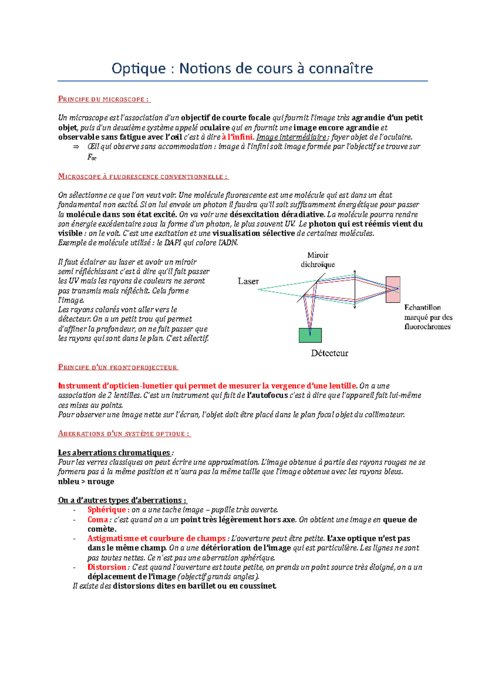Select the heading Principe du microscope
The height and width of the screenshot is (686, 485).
pos(104,99)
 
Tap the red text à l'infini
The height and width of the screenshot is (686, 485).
pos(238,137)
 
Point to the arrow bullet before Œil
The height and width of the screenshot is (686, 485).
pos(76,147)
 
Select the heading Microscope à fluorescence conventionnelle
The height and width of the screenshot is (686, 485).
pos(143,177)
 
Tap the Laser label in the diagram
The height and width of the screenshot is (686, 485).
pos(248,281)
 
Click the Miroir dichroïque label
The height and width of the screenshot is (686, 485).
pos(318,260)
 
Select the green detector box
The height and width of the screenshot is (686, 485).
pos(310,335)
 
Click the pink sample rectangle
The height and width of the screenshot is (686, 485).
pos(393,289)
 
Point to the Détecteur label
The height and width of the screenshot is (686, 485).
pos(329,353)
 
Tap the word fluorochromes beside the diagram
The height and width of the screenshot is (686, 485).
pos(427,326)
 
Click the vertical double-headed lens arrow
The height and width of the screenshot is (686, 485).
pos(355,290)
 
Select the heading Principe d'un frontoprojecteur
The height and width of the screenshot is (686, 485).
pos(118,367)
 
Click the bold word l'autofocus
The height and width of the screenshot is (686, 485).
pos(267,395)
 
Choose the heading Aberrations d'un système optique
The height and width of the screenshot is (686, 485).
pos(124,434)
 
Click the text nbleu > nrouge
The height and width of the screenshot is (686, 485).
pos(86,482)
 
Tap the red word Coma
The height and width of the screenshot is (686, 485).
pos(98,520)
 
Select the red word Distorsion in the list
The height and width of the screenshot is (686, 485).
pos(107,567)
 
